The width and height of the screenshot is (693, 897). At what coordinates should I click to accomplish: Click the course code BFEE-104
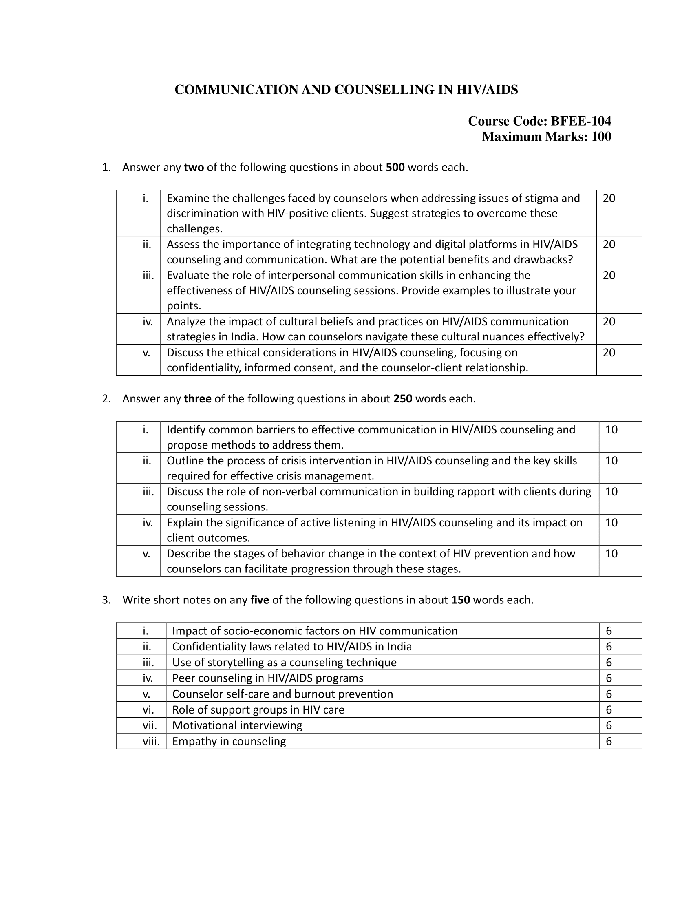click(x=580, y=121)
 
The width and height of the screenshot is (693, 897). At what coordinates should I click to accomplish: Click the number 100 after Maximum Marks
click(x=600, y=136)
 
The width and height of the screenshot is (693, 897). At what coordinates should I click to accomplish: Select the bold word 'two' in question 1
click(x=194, y=168)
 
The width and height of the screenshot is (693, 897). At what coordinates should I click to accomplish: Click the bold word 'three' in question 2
click(x=197, y=399)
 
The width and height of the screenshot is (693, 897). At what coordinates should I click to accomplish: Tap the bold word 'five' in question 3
click(x=259, y=600)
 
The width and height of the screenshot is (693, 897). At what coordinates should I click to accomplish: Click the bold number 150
click(x=460, y=600)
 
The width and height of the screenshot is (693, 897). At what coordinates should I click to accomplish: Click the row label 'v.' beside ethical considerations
click(x=147, y=353)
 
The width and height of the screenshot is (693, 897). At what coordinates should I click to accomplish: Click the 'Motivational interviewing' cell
click(x=237, y=725)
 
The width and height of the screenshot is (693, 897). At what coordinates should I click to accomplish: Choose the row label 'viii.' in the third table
click(x=151, y=741)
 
